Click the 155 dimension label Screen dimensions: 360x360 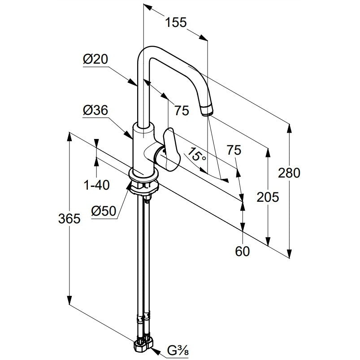(176, 22)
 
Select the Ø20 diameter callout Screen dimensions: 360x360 (95, 59)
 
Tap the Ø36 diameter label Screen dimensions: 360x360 (95, 110)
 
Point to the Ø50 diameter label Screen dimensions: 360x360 (104, 211)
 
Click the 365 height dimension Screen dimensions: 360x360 (69, 218)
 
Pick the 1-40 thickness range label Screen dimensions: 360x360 (97, 185)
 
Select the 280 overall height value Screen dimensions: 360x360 (289, 173)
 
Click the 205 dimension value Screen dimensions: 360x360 (268, 197)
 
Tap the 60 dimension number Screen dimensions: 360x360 (242, 251)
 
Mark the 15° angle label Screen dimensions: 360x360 (197, 155)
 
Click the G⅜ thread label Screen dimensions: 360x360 (178, 351)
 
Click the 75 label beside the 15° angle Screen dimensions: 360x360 (234, 150)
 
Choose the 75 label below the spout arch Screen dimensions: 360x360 (182, 110)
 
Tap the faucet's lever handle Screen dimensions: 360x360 (171, 150)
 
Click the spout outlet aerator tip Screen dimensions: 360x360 (207, 110)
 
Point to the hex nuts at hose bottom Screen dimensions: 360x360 (143, 344)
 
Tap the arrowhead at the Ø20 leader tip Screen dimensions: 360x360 (132, 82)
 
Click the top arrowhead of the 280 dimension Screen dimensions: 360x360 (289, 129)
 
